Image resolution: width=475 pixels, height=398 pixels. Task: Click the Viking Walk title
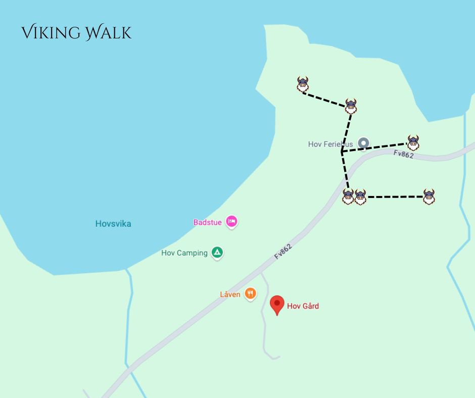[76, 33]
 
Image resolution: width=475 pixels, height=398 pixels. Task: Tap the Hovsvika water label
[113, 223]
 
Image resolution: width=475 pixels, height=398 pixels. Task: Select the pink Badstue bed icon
[231, 221]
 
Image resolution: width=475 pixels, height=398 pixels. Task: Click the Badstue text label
[207, 222]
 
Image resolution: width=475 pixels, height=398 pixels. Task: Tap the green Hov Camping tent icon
[217, 252]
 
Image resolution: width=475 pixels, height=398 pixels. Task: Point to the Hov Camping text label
[184, 253]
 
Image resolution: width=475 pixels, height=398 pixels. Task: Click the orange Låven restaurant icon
[250, 293]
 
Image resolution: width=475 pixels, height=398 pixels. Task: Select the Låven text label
[230, 294]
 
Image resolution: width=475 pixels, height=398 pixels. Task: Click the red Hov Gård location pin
[277, 305]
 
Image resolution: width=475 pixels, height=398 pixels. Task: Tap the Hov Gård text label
[303, 306]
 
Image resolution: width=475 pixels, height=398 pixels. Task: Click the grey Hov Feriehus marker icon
[363, 143]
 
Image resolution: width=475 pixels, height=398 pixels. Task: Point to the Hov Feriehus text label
[330, 144]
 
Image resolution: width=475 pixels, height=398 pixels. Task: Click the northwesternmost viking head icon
[303, 84]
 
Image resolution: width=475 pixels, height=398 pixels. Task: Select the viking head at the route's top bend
[351, 106]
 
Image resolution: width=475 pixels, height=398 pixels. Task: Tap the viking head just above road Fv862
[413, 143]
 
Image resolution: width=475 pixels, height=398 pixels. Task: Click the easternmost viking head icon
[429, 196]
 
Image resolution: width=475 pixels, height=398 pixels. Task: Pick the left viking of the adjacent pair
[348, 196]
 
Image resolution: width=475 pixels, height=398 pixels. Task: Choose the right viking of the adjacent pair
[360, 196]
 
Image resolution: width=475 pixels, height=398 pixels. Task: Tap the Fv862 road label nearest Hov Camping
[283, 251]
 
